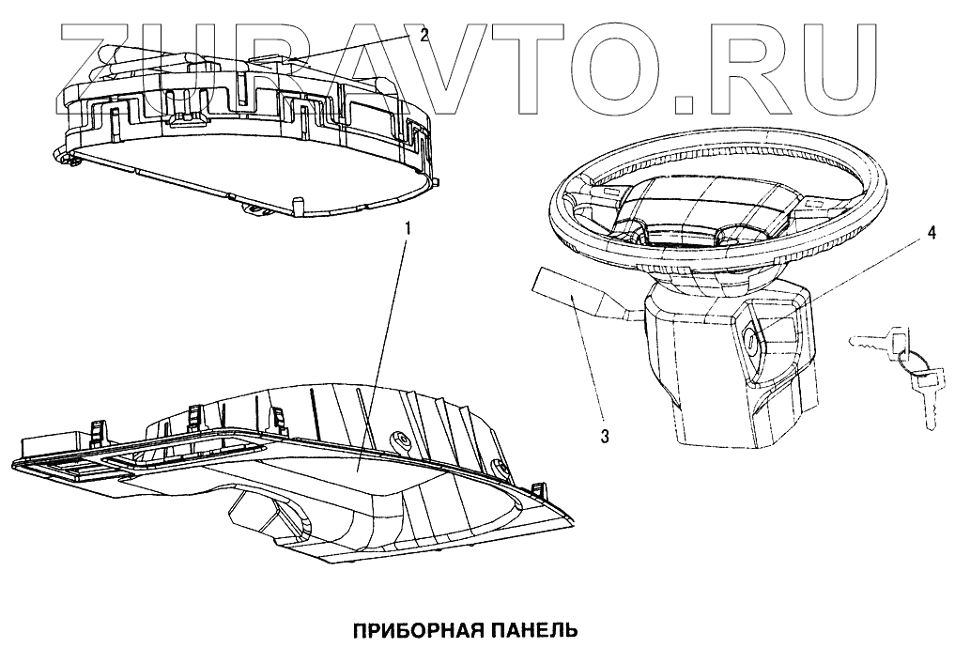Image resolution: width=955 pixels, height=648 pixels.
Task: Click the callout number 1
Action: point(407,228)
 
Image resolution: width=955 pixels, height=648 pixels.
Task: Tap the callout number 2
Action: point(424,36)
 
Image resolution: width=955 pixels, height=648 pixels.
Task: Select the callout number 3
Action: point(606,436)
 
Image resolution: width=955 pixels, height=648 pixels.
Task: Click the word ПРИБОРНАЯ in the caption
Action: point(424,626)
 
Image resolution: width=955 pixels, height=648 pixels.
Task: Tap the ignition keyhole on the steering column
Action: point(754,344)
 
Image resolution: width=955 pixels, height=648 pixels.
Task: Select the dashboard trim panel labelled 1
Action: point(310,470)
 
